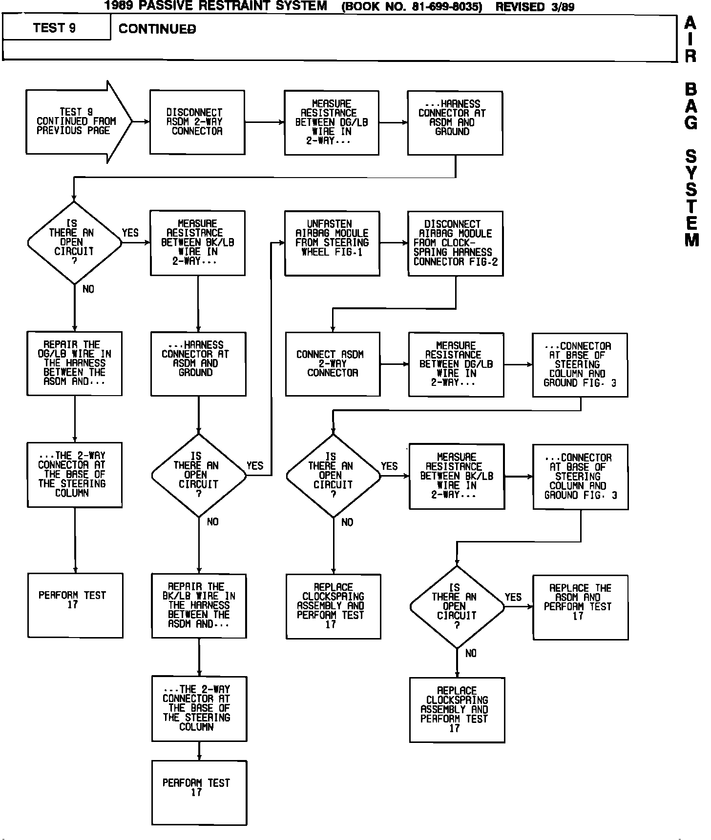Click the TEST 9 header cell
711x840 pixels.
pyautogui.click(x=55, y=28)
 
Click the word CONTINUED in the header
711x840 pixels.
pyautogui.click(x=157, y=29)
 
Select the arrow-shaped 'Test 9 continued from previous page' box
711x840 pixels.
pyautogui.click(x=76, y=121)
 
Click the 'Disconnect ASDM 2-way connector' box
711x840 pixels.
pyautogui.click(x=197, y=122)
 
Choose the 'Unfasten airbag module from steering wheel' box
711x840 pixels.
pyautogui.click(x=332, y=243)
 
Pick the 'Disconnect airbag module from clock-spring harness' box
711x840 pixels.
pyautogui.click(x=455, y=243)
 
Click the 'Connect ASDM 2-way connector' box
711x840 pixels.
pyautogui.click(x=332, y=364)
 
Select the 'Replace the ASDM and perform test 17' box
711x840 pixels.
pyautogui.click(x=580, y=607)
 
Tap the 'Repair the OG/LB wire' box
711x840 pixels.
pyautogui.click(x=74, y=363)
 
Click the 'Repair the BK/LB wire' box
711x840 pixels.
pyautogui.click(x=199, y=605)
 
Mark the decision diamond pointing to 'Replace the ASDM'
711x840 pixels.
pyautogui.click(x=457, y=607)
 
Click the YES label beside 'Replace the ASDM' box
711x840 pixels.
pyautogui.click(x=513, y=597)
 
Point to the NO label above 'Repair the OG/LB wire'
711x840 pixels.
pyautogui.click(x=88, y=289)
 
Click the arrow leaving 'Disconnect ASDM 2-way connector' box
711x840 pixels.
pyautogui.click(x=264, y=122)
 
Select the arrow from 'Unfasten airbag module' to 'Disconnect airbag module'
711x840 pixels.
pyautogui.click(x=394, y=242)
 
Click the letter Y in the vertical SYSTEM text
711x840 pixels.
pyautogui.click(x=691, y=173)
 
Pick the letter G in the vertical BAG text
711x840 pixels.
pyautogui.click(x=691, y=122)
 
